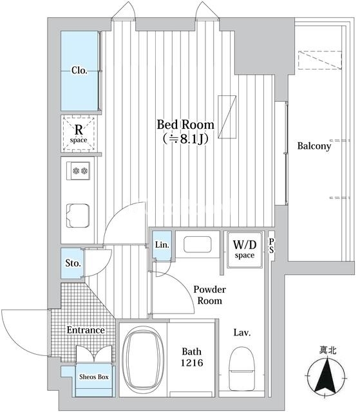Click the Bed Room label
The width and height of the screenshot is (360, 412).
[x=185, y=124]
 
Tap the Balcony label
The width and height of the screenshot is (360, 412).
[x=314, y=146]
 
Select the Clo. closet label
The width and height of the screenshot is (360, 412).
[x=79, y=70]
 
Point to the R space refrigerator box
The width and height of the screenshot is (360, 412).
[x=79, y=133]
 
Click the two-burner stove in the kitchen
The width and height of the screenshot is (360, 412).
[x=79, y=171]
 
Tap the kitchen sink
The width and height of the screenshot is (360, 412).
[x=78, y=216]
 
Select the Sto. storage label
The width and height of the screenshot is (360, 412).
[x=73, y=263]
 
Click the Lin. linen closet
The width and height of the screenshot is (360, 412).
[x=162, y=245]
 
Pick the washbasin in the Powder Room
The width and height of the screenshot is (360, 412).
[x=197, y=245]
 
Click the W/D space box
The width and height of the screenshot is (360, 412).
[x=245, y=250]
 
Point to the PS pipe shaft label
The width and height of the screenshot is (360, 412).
[x=271, y=246]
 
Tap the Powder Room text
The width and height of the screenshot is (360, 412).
[x=209, y=295]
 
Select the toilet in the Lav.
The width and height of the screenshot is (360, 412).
[x=242, y=368]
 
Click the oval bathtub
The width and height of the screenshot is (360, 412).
[x=143, y=360]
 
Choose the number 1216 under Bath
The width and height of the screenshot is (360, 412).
[x=191, y=363]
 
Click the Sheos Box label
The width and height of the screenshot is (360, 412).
[x=94, y=377]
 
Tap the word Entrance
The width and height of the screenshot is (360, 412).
[x=86, y=330]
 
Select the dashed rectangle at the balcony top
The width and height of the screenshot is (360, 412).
[x=320, y=60]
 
